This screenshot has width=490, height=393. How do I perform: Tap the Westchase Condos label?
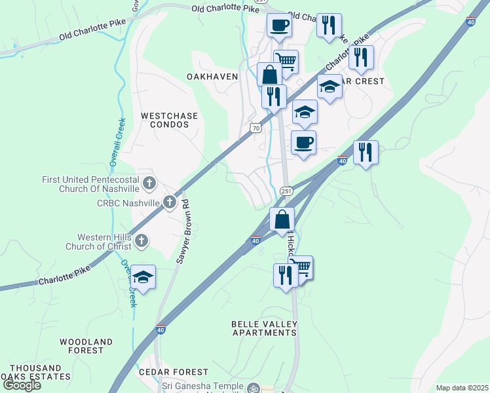click(169, 120)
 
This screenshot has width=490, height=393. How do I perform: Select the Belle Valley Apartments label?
click(264, 328)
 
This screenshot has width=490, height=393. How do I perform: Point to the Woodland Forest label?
click(86, 346)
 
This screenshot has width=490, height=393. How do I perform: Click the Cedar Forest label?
click(164, 372)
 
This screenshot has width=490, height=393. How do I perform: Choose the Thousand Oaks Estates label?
click(35, 373)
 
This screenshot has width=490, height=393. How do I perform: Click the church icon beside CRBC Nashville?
click(170, 202)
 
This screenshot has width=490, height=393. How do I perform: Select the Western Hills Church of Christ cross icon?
click(141, 242)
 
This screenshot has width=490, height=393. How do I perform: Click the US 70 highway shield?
click(255, 128)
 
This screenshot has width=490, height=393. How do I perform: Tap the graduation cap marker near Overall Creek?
click(143, 276)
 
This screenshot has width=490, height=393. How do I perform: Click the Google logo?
click(22, 385)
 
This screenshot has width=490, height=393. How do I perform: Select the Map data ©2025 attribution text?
click(462, 388)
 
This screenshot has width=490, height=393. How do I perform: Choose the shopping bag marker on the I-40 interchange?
click(282, 219)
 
